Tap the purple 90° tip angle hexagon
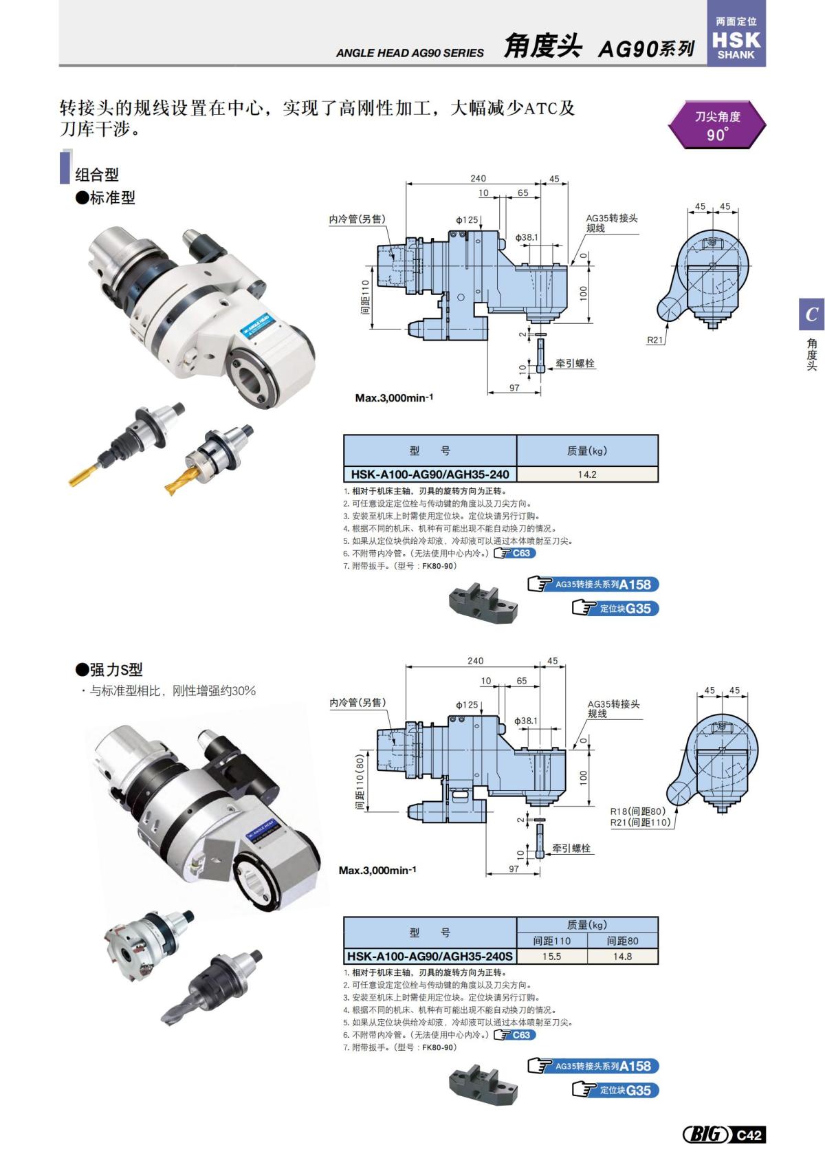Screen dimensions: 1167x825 pos(716,125)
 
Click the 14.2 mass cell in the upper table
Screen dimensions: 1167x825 pos(586,475)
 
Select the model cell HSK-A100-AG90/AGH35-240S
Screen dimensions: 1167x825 pos(430,957)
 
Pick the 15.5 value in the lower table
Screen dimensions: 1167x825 pos(551,957)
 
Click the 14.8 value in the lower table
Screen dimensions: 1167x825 pos(622,957)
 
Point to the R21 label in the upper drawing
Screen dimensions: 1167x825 pos(655,340)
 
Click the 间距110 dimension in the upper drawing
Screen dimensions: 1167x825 pos(365,296)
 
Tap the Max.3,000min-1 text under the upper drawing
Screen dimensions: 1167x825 pos(394,397)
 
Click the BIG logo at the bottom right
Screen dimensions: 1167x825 pos(706,1134)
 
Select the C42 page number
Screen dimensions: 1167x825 pos(749,1135)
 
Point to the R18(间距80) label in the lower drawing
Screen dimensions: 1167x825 pos(639,811)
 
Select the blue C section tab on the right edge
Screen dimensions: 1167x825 pos(811,314)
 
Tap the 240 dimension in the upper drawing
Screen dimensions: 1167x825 pos(478,178)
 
